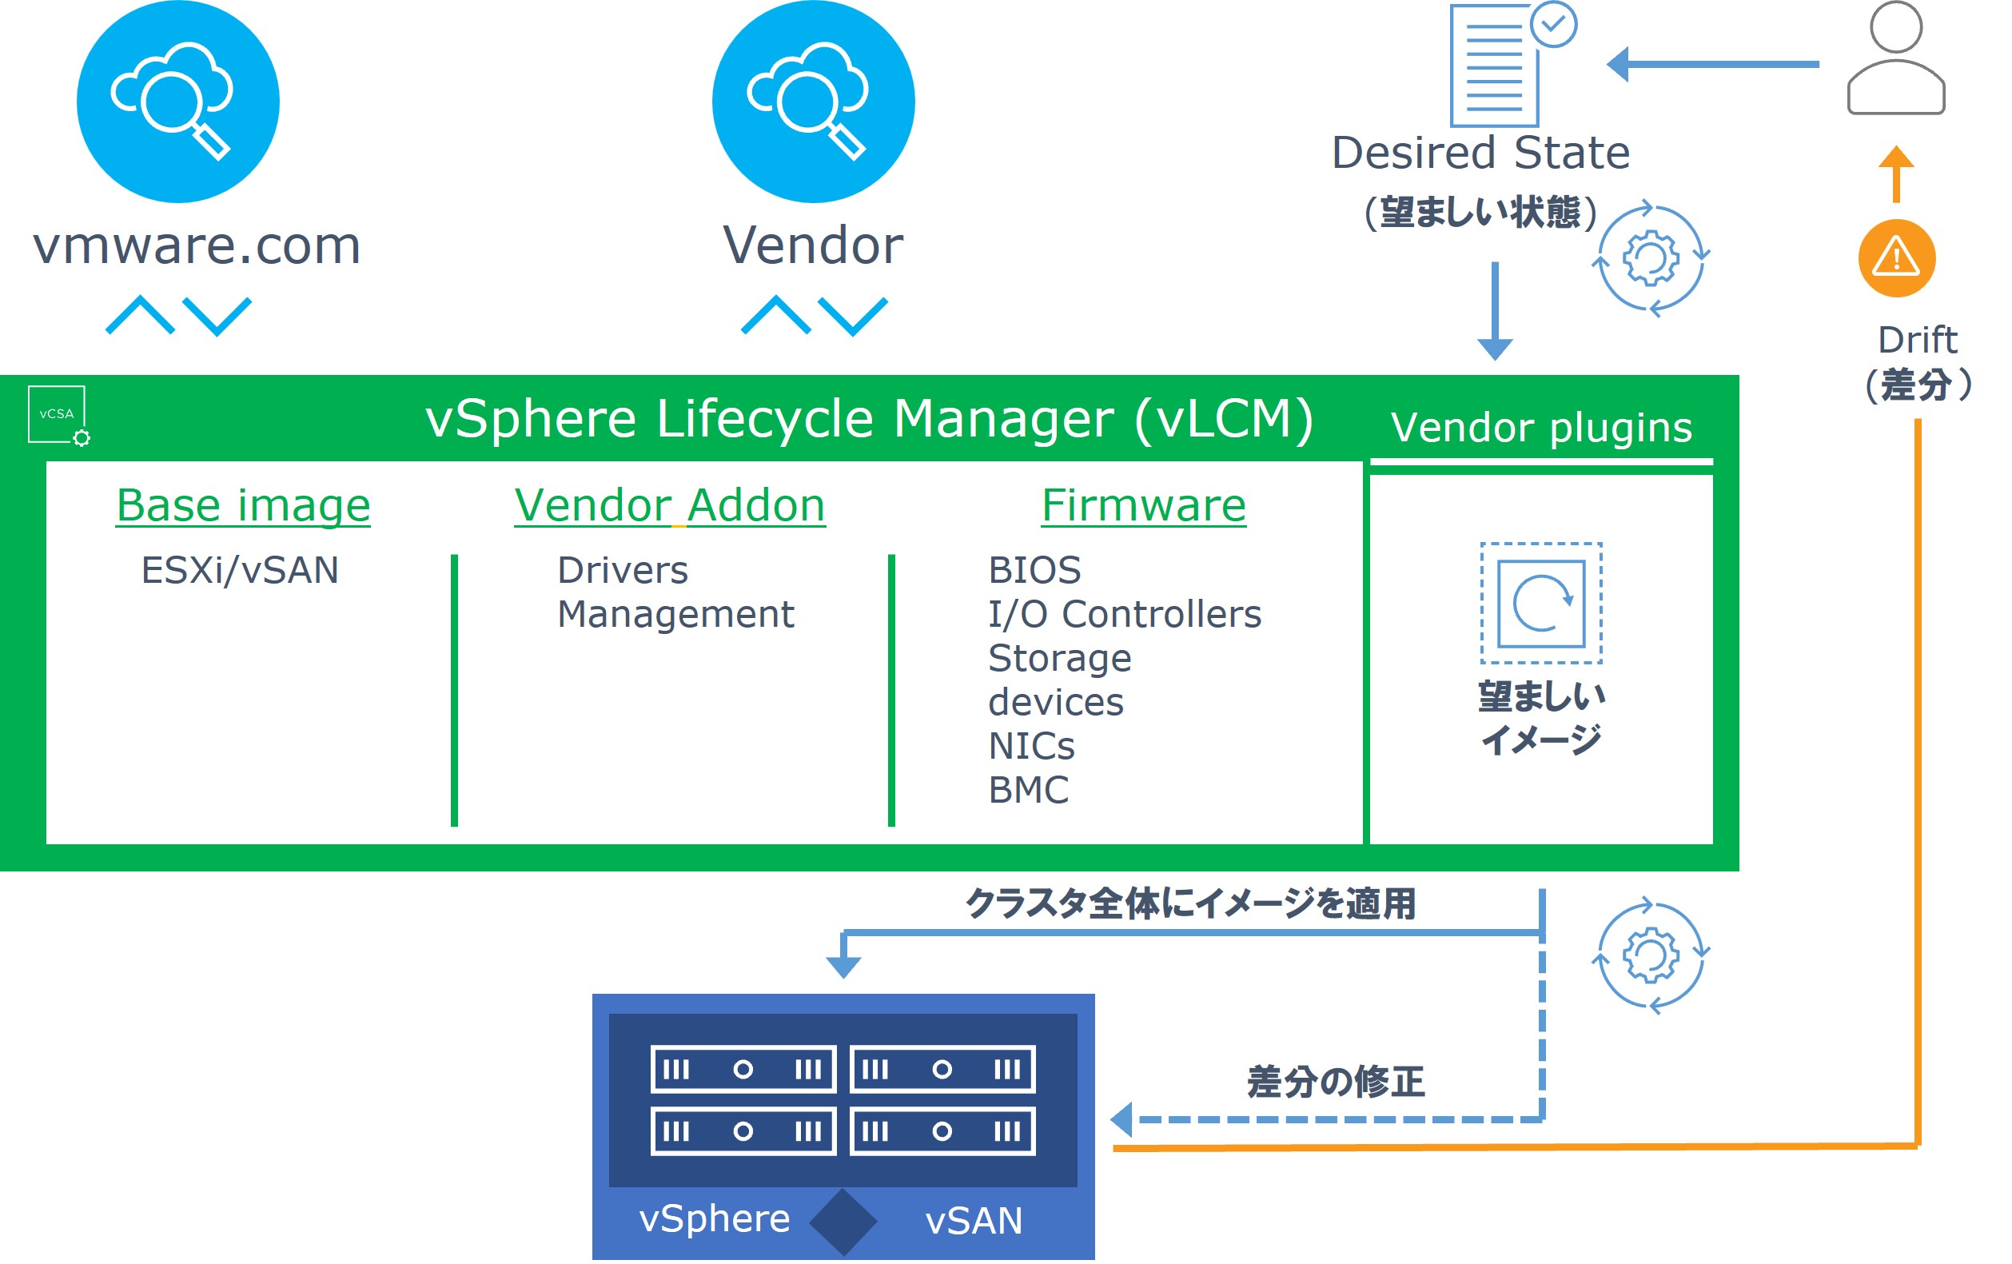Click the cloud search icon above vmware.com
coord(178,101)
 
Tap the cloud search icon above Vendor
coord(813,101)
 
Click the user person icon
coord(1895,58)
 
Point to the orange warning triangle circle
coord(1896,257)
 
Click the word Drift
coord(1917,340)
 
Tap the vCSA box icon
coord(57,413)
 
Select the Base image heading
coord(243,505)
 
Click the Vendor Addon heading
coord(669,505)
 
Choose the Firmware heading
coord(1143,505)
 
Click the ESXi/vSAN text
coord(240,570)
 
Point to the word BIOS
coord(1034,570)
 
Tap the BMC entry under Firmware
coord(1028,789)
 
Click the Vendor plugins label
coord(1540,427)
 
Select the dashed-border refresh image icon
coord(1540,602)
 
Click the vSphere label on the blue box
coord(715,1218)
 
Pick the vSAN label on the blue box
coord(974,1220)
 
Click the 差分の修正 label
coord(1335,1082)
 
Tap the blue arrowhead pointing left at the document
coord(1619,64)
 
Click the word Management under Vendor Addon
coord(675,614)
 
